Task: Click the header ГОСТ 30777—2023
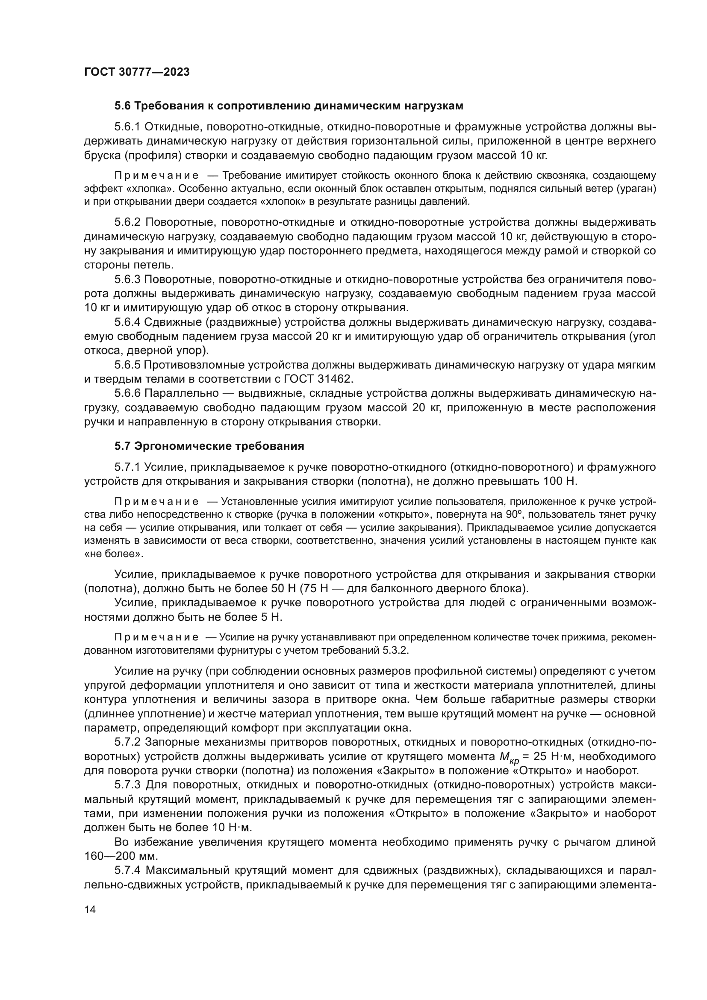(x=137, y=72)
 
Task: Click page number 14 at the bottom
(x=90, y=909)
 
